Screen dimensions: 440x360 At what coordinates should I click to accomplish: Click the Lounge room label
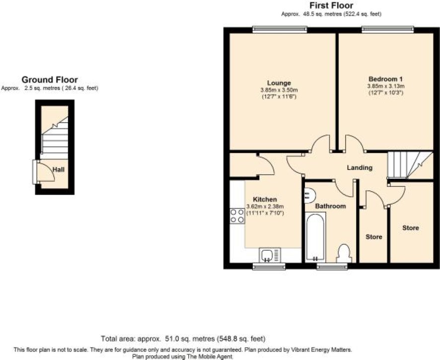tap(279, 83)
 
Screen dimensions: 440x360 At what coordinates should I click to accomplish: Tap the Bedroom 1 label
tap(385, 79)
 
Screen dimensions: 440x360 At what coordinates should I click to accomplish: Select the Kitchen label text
tap(265, 200)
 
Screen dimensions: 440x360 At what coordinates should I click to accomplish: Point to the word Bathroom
tap(330, 206)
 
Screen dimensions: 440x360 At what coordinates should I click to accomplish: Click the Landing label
tap(360, 168)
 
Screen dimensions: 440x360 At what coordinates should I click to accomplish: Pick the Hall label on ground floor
tap(59, 169)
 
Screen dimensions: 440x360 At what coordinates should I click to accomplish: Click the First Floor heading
tap(331, 5)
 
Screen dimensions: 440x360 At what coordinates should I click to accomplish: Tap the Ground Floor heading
tap(50, 79)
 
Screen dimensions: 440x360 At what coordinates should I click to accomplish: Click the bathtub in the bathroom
tap(315, 237)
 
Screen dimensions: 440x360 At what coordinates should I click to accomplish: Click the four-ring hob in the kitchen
tap(237, 216)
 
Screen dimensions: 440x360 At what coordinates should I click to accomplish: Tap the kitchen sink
tap(270, 255)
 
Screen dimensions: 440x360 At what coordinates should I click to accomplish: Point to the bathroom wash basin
tap(309, 195)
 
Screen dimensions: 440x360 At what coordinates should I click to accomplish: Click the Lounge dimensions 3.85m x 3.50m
tap(279, 90)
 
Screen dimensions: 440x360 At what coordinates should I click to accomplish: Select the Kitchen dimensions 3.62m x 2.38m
tap(265, 207)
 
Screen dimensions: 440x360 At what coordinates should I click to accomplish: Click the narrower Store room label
tap(374, 237)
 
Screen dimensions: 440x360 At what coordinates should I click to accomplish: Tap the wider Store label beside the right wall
tap(411, 228)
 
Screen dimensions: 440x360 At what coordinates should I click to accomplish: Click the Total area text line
tap(183, 339)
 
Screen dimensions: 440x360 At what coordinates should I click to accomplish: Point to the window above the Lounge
tap(280, 30)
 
